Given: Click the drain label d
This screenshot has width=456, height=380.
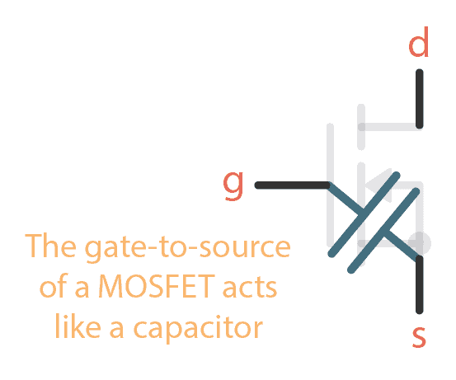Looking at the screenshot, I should [x=419, y=45].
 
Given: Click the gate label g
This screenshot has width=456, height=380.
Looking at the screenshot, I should [x=234, y=185].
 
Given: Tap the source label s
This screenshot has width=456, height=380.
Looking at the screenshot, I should [x=419, y=336].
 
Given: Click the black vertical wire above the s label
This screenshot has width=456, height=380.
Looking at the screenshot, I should [x=420, y=284].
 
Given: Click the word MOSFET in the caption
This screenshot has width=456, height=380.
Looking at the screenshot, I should [x=136, y=289].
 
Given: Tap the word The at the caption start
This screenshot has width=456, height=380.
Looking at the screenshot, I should [x=51, y=248].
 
